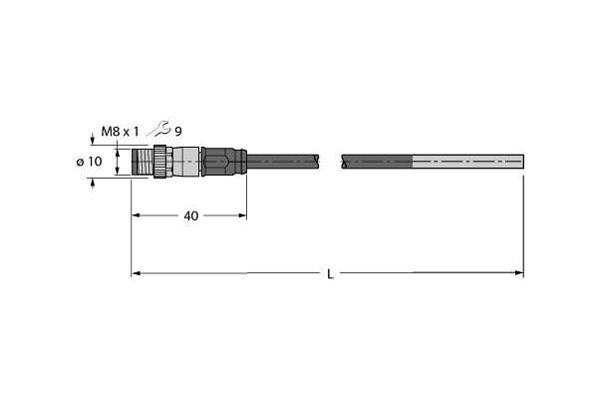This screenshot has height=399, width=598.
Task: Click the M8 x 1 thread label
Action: point(120,132)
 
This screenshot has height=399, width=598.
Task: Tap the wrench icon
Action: point(159,129)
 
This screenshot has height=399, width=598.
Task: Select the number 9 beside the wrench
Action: point(178,132)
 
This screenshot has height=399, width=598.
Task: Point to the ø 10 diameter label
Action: point(90,162)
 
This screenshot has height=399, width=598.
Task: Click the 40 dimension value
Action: point(191,216)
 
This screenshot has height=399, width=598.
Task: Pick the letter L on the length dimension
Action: point(330,274)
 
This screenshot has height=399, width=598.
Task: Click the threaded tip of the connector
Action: point(143,162)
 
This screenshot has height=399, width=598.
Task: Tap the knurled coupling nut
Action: point(163,162)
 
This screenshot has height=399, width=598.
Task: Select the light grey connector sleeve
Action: point(186,162)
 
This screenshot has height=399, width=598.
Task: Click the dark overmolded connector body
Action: point(224,162)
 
